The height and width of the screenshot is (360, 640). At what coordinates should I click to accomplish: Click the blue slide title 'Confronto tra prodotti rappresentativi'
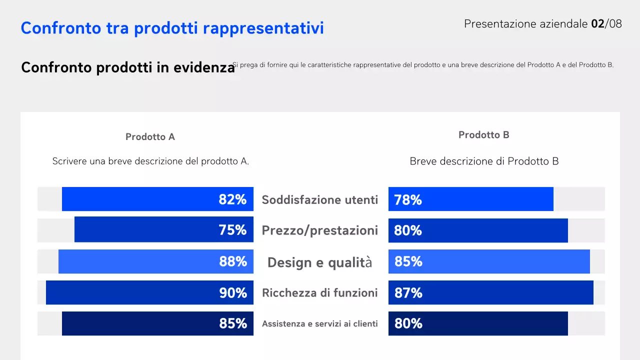[172, 28]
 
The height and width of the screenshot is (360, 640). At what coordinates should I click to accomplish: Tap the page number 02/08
[606, 23]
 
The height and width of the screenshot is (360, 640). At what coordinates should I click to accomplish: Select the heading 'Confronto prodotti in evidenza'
[127, 67]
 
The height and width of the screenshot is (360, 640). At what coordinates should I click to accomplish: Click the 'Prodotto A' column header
[150, 137]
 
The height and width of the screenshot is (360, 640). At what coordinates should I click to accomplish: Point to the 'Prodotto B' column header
[483, 135]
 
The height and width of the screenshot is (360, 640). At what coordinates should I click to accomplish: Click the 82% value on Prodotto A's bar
[232, 199]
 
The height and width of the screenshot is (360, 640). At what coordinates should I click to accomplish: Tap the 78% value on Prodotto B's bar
[408, 200]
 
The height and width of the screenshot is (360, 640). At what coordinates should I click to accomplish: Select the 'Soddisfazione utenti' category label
[320, 200]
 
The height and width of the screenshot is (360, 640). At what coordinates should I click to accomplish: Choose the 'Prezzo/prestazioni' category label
[320, 230]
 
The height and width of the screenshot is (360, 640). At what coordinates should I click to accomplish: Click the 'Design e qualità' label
[320, 262]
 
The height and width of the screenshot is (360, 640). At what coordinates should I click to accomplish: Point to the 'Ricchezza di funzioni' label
[320, 293]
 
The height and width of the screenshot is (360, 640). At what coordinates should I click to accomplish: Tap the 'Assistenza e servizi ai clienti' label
[320, 324]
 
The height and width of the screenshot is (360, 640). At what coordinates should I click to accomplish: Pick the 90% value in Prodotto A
[233, 293]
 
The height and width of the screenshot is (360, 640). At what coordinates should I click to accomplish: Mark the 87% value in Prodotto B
[408, 293]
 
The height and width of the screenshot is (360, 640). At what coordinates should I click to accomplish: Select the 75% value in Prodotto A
[232, 230]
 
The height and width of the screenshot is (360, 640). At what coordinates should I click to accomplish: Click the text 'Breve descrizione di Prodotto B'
[484, 161]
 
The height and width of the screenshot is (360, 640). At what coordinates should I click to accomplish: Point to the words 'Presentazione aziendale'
[525, 23]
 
